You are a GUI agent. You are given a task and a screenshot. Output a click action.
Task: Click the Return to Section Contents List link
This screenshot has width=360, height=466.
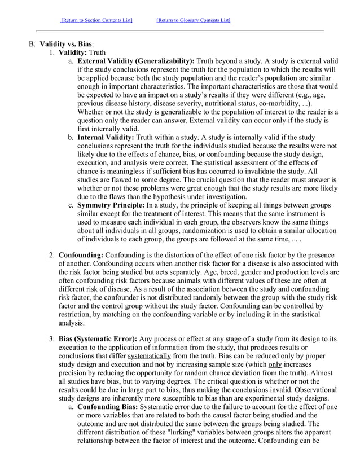96,20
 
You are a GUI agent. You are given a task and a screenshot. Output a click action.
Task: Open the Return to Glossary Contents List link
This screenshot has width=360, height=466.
194,20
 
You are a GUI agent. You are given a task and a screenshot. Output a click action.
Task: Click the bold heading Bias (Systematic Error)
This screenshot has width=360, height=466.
98,338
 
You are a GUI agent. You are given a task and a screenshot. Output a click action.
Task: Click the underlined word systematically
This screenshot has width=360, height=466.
149,357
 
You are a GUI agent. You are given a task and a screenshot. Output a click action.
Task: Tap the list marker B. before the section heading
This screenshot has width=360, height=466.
32,43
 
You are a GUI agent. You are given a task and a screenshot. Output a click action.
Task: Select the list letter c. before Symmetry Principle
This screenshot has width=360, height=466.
71,205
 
